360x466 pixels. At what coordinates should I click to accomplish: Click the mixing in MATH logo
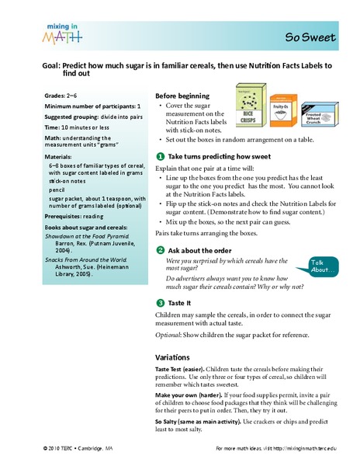62,34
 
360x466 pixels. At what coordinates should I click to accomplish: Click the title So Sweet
310,37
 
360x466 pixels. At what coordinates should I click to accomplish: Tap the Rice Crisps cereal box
251,105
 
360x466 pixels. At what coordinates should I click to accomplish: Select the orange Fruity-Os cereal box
283,110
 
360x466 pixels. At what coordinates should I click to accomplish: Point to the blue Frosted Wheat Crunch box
320,114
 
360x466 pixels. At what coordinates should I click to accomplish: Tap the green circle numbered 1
161,156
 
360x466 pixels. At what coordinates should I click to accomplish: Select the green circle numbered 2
161,250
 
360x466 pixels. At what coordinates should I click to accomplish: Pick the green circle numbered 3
161,303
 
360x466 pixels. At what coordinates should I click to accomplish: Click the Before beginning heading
182,96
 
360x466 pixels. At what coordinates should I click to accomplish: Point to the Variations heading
172,357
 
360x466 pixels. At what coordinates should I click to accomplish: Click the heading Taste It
179,303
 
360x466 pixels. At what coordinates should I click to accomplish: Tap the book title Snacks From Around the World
86,259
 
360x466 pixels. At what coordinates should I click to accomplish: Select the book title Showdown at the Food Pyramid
87,236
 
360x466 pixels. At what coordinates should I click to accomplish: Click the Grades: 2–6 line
61,96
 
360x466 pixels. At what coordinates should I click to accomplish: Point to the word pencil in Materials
57,190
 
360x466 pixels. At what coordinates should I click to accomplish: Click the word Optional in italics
168,335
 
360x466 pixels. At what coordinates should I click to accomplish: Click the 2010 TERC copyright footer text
78,448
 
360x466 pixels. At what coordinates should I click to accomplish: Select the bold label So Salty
165,422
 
